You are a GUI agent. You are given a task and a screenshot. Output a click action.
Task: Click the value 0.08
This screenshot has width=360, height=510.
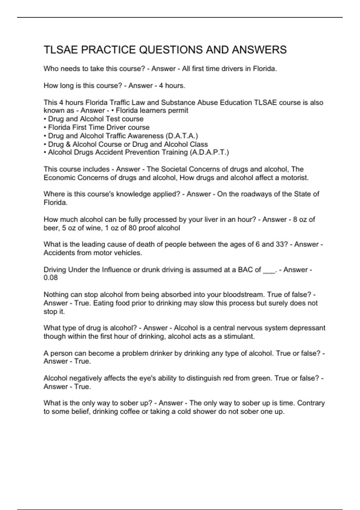coord(51,277)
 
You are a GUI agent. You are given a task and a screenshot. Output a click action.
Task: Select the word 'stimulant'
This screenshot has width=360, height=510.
coord(238,336)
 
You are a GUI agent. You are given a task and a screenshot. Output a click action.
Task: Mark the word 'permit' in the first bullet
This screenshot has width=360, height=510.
coord(178,110)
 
